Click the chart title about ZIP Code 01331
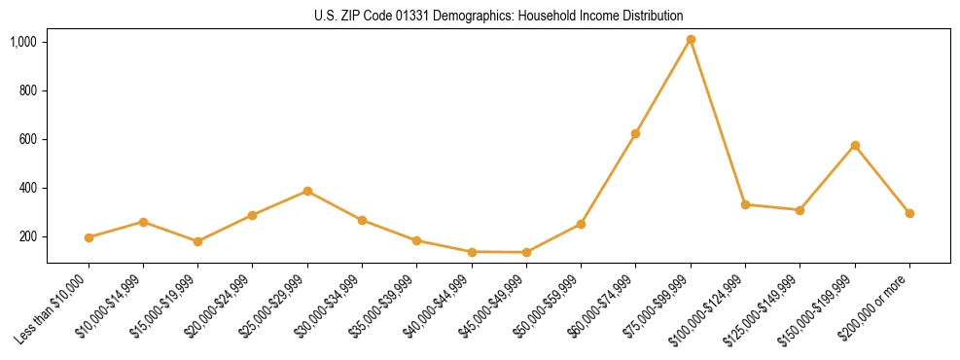click(499, 16)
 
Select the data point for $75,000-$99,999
click(691, 40)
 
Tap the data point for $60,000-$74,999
click(635, 133)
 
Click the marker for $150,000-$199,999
click(855, 145)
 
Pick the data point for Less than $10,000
click(89, 237)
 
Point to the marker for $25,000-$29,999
click(307, 191)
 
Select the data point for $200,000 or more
click(909, 213)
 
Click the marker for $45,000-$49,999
click(526, 252)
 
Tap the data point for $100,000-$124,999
click(745, 204)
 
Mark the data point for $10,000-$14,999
click(143, 222)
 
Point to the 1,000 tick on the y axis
click(23, 42)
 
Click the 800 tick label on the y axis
click(27, 90)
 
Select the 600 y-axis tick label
click(27, 139)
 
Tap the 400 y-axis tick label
click(27, 188)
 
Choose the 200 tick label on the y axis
click(27, 236)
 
